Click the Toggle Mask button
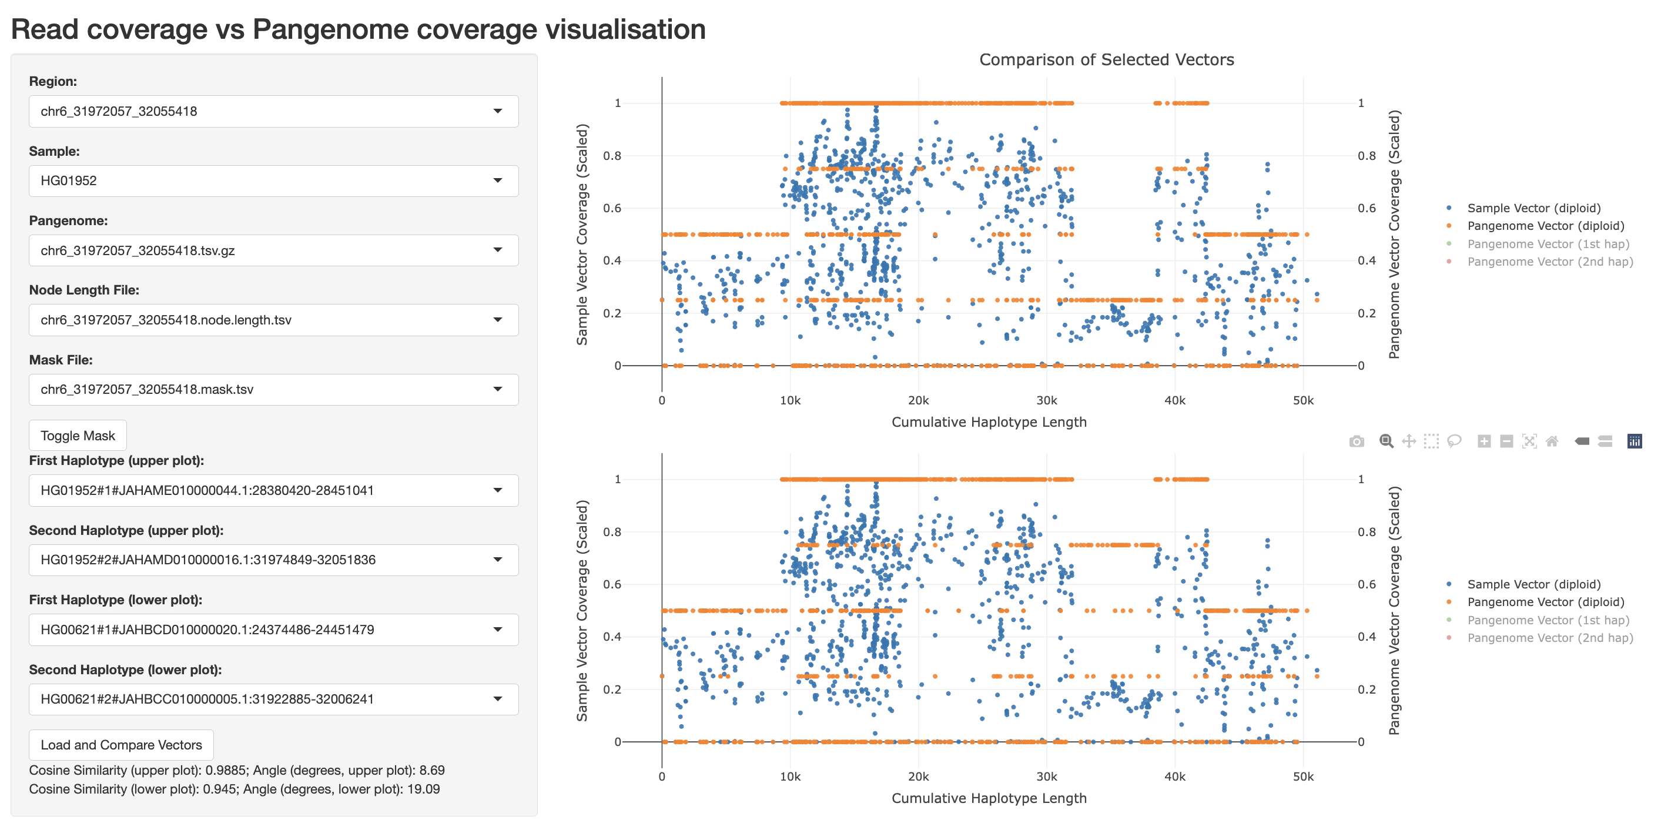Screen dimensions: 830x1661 [x=78, y=436]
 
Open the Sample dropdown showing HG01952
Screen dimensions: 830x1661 [x=273, y=180]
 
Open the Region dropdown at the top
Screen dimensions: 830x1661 [x=273, y=111]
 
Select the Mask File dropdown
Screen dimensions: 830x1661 [x=273, y=389]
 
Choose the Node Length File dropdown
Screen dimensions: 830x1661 [x=273, y=320]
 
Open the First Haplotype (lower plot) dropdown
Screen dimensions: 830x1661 [x=273, y=630]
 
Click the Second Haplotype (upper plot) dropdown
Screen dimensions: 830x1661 [x=273, y=560]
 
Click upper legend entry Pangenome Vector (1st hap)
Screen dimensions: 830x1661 [x=1548, y=244]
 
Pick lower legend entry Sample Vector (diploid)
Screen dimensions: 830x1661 [x=1533, y=584]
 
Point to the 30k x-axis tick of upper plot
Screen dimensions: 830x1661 [x=1046, y=400]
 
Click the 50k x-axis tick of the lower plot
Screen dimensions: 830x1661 [x=1302, y=777]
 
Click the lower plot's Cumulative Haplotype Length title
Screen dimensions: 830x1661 [x=989, y=798]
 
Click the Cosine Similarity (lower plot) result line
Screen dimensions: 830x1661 [x=234, y=789]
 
